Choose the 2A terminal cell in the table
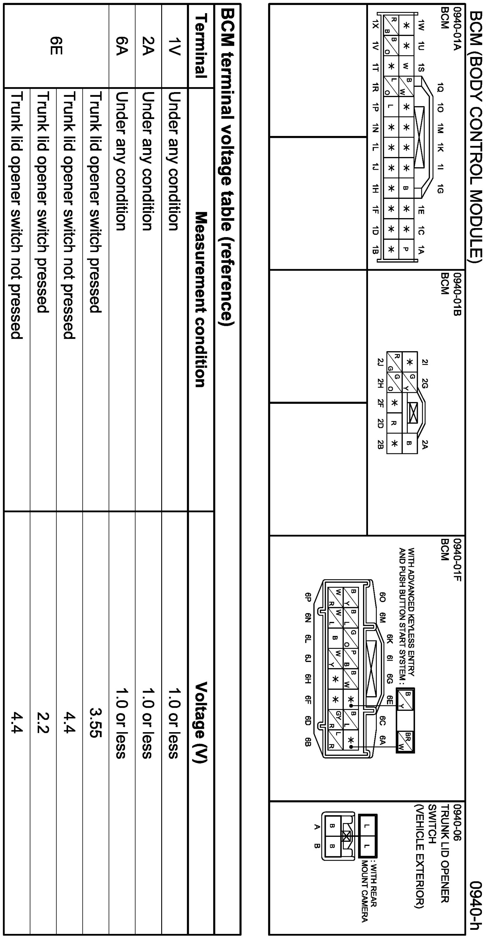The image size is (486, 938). coord(148,45)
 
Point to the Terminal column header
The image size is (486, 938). coord(201,45)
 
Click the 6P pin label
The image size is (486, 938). coord(308,597)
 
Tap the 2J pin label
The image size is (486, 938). coord(380,362)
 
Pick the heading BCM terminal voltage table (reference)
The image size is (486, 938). coord(228,168)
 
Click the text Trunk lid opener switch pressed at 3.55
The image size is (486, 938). coord(96,202)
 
